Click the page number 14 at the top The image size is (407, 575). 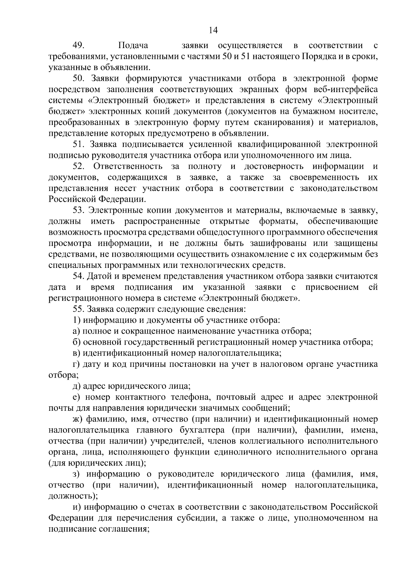213,30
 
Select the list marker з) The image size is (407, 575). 76,474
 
